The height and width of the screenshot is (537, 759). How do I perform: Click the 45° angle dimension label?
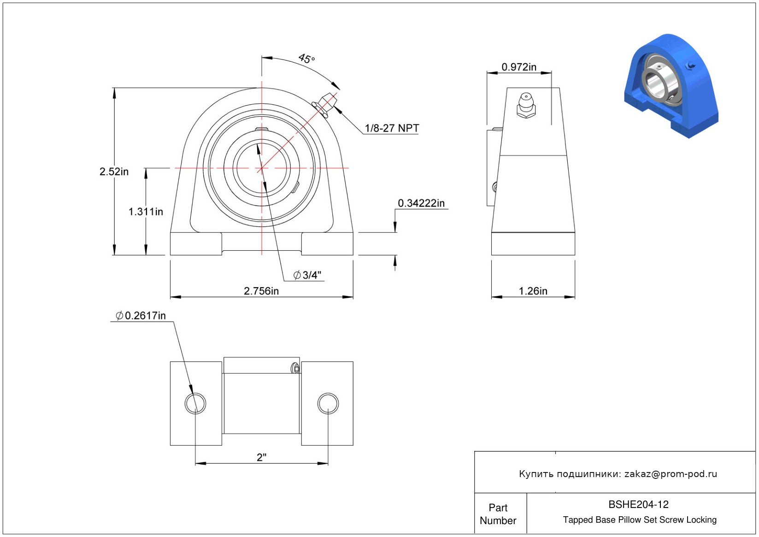coord(306,59)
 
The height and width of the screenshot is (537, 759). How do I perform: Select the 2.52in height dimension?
coord(114,171)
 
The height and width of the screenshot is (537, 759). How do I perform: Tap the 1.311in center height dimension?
coord(146,212)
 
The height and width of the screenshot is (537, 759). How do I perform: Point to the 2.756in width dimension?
coord(261,291)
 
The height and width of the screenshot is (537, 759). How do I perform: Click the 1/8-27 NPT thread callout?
coord(392,128)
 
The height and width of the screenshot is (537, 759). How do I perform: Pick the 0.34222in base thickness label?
coord(421,203)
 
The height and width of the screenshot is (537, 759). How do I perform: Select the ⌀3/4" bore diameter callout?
coord(307,275)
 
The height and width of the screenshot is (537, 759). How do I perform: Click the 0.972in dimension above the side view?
coord(519,67)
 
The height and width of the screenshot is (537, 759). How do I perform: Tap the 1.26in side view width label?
coord(533,291)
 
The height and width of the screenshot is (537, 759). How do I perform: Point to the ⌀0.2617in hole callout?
coord(141,316)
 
